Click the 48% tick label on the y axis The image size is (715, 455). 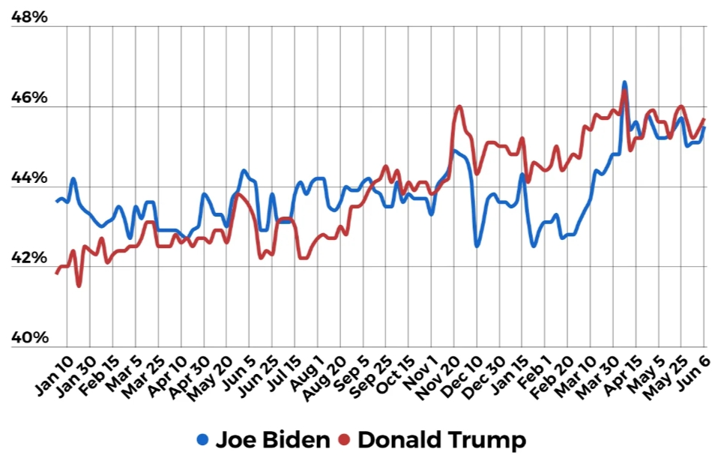pos(29,16)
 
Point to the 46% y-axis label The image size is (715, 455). pos(29,98)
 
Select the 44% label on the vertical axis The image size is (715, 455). pos(29,178)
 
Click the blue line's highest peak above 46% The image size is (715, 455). pos(624,82)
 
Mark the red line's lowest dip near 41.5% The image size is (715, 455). pos(79,286)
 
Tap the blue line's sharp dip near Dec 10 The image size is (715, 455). pos(477,245)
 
